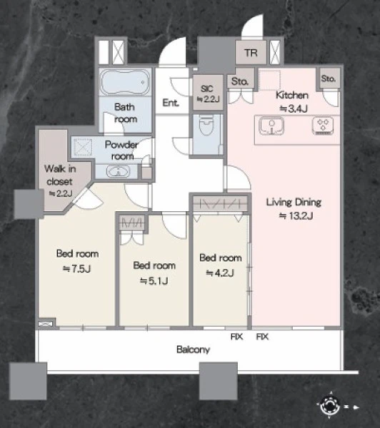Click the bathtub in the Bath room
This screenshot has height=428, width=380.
coord(125,81)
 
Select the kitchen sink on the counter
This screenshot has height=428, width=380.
coord(271,126)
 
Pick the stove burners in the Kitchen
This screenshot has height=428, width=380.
coord(323,126)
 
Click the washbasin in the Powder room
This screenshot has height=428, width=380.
coord(118,172)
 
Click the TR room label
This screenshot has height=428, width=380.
coord(251,52)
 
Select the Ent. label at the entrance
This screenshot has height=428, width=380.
coord(171,103)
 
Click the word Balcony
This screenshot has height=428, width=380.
coord(193,350)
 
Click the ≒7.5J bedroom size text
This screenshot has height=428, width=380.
coord(77,269)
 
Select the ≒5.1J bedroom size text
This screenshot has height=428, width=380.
coord(154,280)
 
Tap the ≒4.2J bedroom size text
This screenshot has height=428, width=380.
coord(220,272)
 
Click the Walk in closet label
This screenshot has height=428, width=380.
coord(60,175)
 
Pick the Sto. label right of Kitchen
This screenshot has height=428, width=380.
coord(329,78)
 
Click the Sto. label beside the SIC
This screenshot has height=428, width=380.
coord(240,81)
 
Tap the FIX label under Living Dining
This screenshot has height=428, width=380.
coord(262,337)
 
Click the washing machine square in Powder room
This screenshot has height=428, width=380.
coord(83,147)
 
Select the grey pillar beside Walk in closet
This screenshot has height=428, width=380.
coord(29,204)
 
